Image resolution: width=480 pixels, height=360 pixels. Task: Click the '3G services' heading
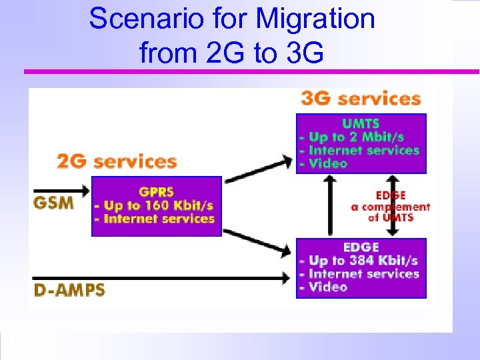click(361, 99)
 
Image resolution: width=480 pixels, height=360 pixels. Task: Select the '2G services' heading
click(117, 161)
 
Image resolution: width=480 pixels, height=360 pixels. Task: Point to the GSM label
click(54, 201)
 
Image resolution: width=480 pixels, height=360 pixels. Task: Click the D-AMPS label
click(69, 291)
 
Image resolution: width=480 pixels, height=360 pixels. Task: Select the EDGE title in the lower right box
click(361, 247)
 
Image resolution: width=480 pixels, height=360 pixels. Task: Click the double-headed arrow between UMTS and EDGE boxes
click(393, 205)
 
